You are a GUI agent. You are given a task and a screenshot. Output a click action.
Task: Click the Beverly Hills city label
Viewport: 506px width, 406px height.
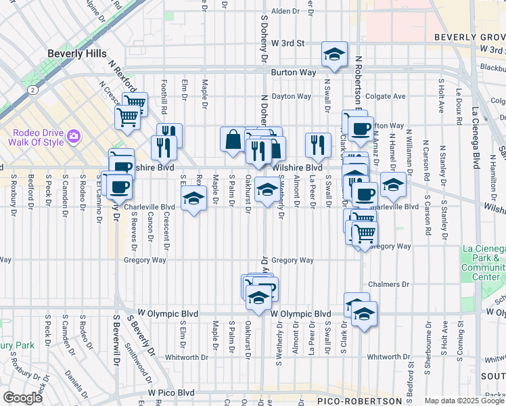pos(75,53)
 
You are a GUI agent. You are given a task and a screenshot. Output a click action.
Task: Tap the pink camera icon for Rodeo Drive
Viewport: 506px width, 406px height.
pos(73,138)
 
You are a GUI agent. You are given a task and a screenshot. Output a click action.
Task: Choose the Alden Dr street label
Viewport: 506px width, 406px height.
pos(285,12)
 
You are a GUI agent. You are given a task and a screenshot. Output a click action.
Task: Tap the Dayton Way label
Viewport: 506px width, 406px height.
pos(291,97)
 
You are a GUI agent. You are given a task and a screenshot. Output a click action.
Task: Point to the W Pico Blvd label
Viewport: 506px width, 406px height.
pos(171,392)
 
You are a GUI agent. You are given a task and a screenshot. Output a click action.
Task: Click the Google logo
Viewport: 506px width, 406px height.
pos(22,397)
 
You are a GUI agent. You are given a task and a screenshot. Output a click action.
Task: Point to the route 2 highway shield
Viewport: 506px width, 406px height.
pos(32,89)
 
